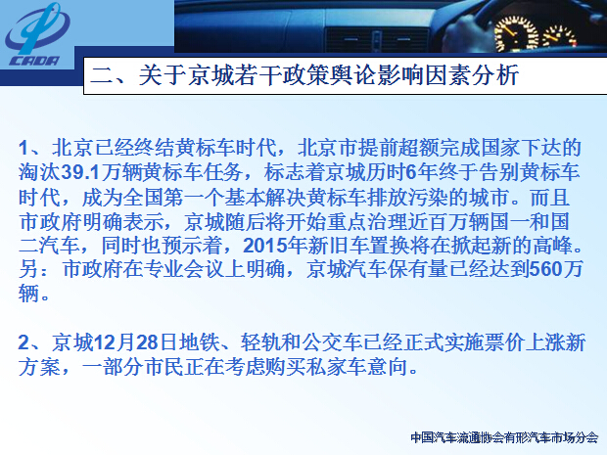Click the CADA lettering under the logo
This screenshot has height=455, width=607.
(x=34, y=61)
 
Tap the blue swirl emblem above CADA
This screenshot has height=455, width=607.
(x=37, y=28)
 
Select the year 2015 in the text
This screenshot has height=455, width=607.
(x=264, y=246)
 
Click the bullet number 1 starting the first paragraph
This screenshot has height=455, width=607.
(x=23, y=148)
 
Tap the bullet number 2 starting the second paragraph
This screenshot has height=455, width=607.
(x=24, y=342)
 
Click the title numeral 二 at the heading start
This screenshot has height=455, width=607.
(x=102, y=75)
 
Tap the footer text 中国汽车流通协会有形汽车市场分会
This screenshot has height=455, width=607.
(x=504, y=437)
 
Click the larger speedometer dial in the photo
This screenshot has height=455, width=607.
(x=516, y=34)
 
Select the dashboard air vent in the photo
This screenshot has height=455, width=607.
(x=376, y=40)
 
